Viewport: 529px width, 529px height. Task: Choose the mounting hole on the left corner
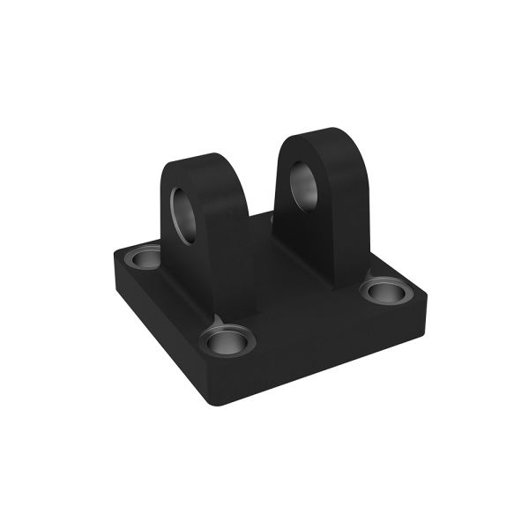pos(140,258)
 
